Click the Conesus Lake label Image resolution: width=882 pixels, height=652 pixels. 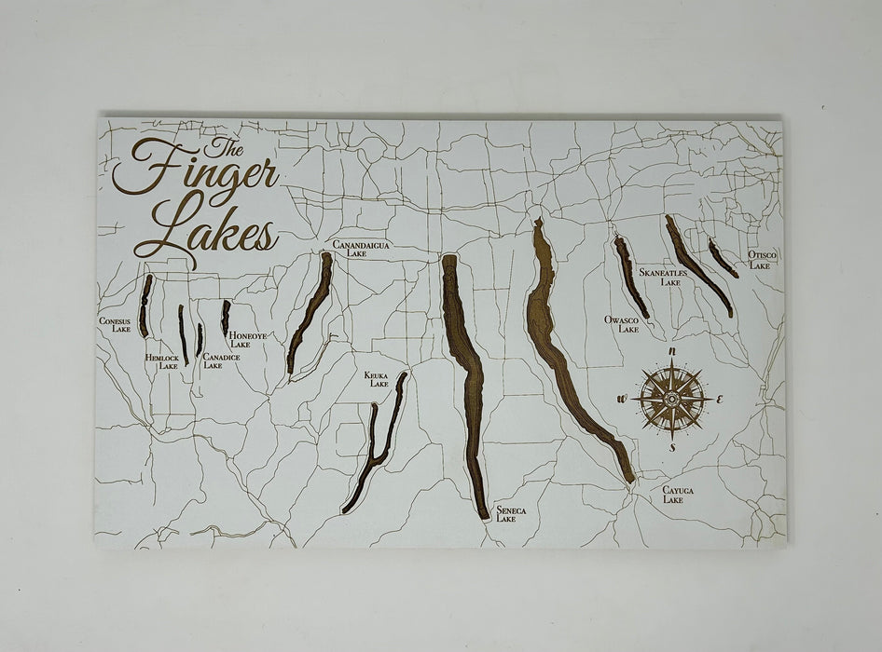(116, 325)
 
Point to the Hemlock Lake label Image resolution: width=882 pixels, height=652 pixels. (161, 361)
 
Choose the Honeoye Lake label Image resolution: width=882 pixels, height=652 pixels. (247, 340)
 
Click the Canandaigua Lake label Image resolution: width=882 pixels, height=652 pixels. (361, 248)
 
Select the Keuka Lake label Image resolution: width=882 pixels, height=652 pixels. (377, 379)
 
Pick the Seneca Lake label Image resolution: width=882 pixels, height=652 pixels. (511, 514)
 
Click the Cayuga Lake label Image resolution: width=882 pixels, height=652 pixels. (678, 494)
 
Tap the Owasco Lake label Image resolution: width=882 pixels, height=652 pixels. (621, 324)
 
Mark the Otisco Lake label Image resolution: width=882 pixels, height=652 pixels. (761, 260)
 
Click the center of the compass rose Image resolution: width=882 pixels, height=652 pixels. (671, 400)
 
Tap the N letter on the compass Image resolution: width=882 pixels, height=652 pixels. (672, 351)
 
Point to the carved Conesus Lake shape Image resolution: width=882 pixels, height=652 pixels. (145, 306)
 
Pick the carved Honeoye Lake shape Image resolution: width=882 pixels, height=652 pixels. (226, 317)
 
